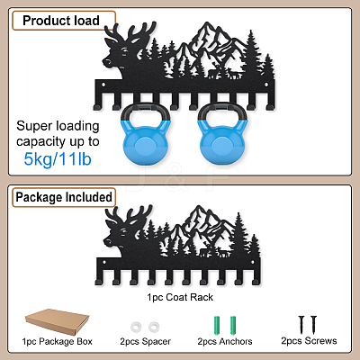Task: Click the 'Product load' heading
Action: [61, 21]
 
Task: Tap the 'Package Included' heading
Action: [64, 197]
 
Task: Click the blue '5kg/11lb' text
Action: [58, 159]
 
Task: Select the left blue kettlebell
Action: [145, 133]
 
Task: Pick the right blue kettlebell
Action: [222, 133]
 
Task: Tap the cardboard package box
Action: [58, 321]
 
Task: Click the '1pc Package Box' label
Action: [57, 341]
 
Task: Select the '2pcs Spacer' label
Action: [145, 341]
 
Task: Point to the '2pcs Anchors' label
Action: [225, 341]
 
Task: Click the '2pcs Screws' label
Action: [309, 341]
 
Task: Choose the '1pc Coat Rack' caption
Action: [180, 297]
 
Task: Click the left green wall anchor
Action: [217, 326]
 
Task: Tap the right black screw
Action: [313, 325]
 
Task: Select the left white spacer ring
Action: [136, 327]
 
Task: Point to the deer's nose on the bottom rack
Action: [105, 241]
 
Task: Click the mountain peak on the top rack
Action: [206, 23]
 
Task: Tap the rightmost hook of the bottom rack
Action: [256, 278]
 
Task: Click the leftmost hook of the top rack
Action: [97, 102]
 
